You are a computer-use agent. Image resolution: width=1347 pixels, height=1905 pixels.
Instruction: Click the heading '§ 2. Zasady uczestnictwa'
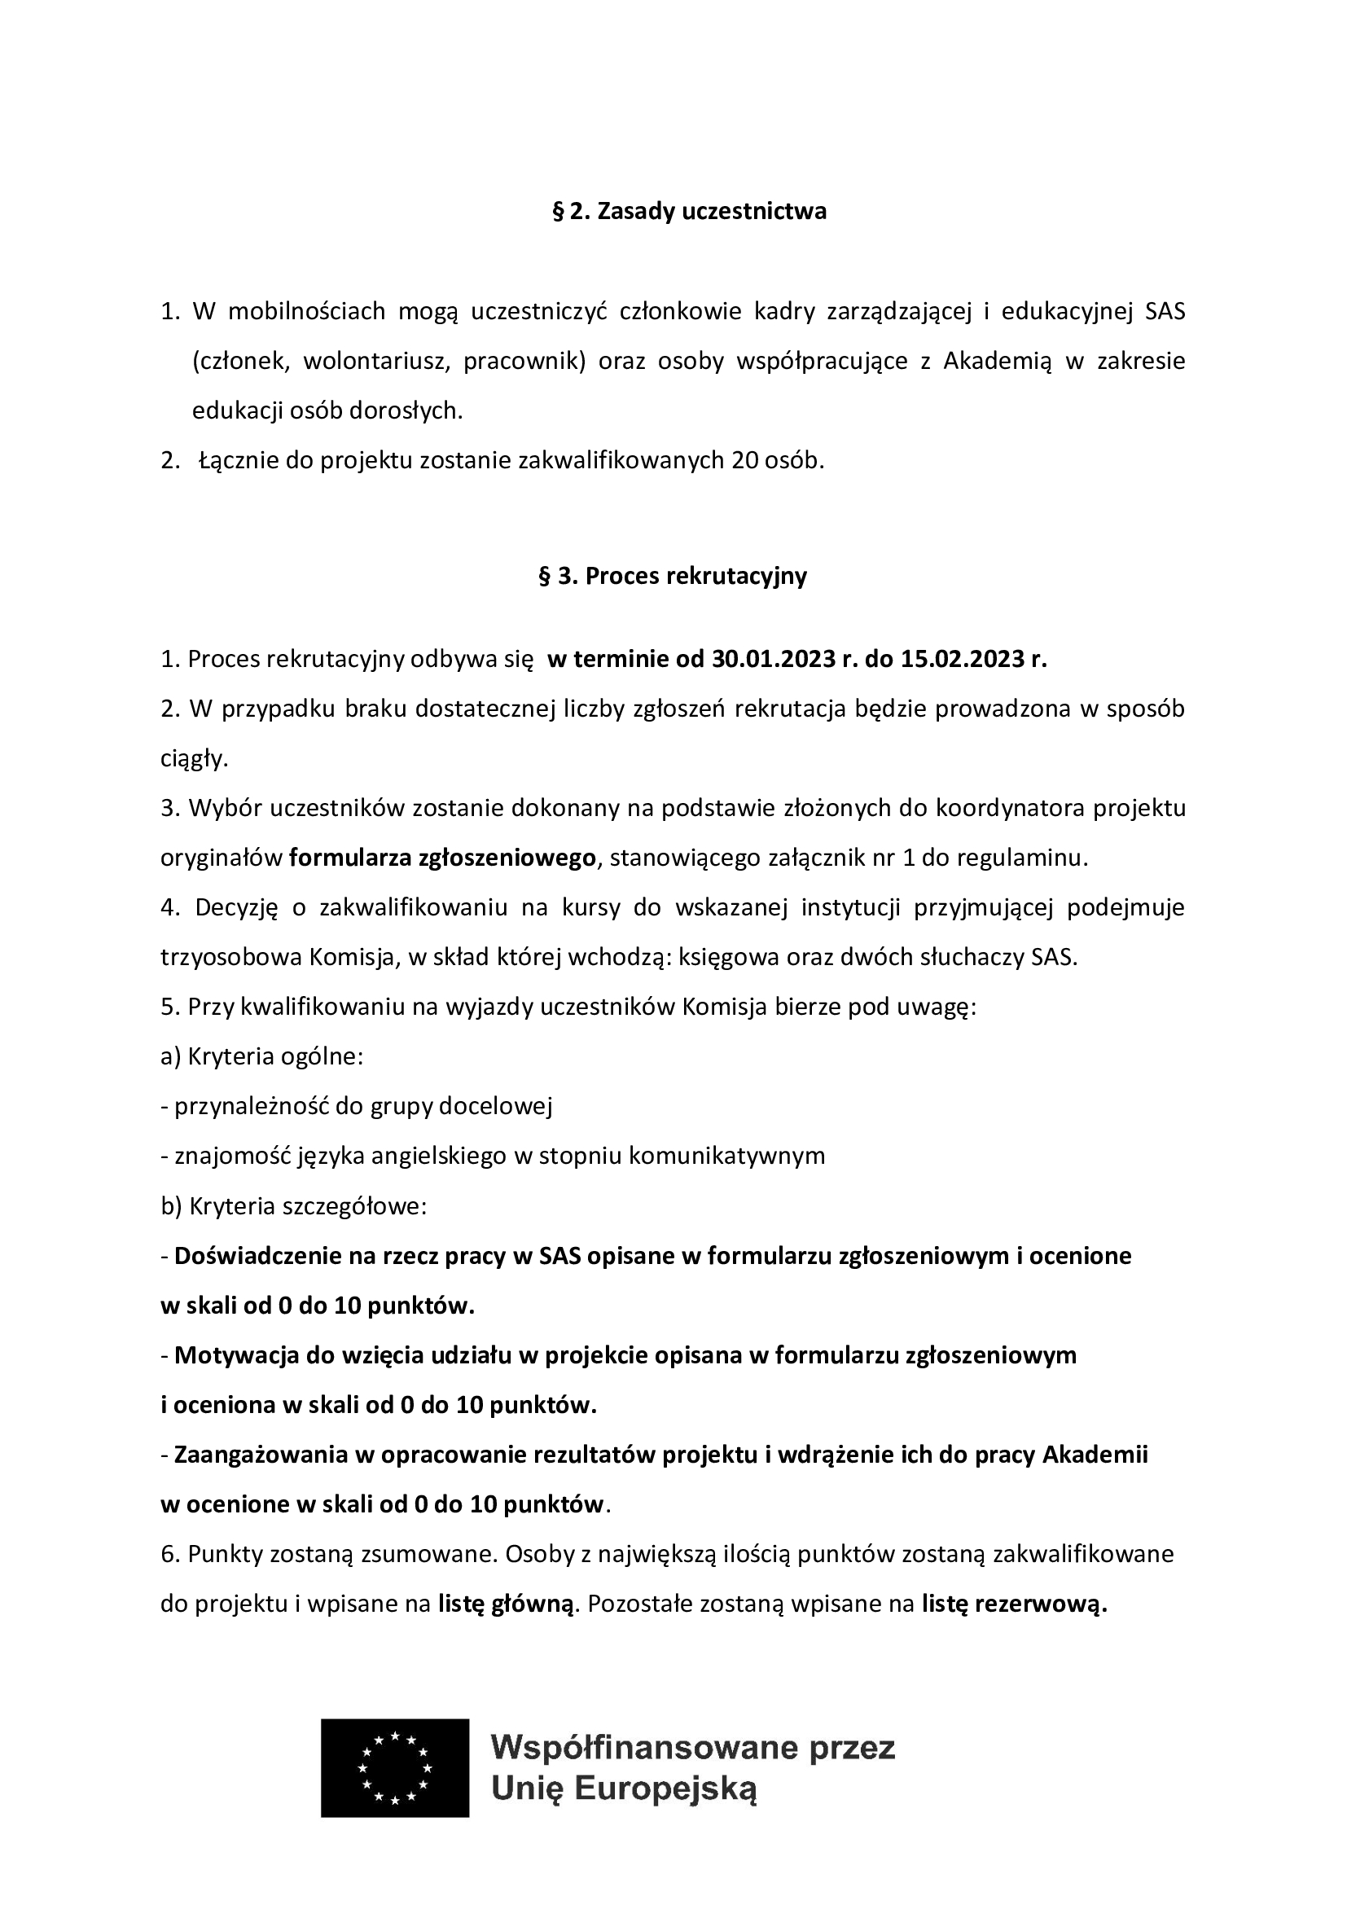pyautogui.click(x=689, y=212)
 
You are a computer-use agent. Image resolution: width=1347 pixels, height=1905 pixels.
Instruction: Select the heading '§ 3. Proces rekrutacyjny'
pyautogui.click(x=673, y=576)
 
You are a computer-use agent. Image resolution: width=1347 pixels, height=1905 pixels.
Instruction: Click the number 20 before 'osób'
pyautogui.click(x=744, y=459)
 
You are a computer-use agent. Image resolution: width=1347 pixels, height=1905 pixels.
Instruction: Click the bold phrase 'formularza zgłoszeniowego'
pyautogui.click(x=443, y=858)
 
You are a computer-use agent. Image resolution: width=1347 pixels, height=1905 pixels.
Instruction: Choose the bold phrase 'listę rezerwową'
pyautogui.click(x=1014, y=1604)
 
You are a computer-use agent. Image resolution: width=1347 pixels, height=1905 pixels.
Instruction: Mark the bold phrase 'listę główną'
pyautogui.click(x=506, y=1604)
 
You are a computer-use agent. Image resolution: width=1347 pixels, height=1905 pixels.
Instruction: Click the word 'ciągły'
pyautogui.click(x=192, y=758)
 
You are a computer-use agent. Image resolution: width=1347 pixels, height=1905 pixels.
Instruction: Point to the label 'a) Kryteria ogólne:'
pyautogui.click(x=262, y=1057)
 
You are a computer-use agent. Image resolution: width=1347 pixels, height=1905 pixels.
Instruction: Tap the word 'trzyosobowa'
pyautogui.click(x=230, y=958)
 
